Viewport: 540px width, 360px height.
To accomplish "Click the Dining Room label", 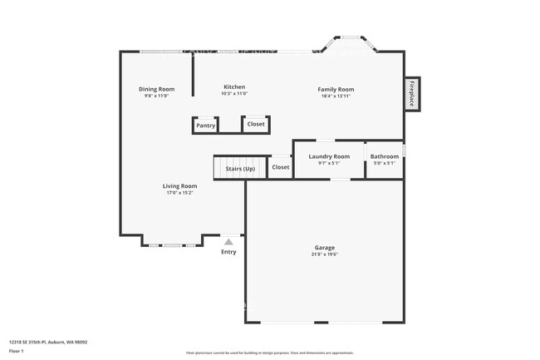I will [x=156, y=89].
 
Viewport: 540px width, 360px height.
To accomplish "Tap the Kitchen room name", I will [x=234, y=87].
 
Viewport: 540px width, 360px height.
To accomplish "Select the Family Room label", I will [x=336, y=89].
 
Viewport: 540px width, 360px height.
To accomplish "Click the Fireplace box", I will [x=411, y=94].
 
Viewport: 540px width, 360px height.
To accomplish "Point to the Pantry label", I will [x=205, y=126].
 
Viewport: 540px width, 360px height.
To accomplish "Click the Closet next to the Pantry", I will [x=256, y=124].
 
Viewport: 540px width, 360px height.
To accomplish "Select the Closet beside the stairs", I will [x=281, y=167].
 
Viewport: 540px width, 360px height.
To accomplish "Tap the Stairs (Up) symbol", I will [x=240, y=168].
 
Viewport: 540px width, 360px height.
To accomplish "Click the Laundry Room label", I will [x=329, y=156].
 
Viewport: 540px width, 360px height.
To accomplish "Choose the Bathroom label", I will [x=384, y=156].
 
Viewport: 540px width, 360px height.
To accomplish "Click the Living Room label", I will [x=179, y=186].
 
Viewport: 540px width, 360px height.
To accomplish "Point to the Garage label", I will [x=324, y=248].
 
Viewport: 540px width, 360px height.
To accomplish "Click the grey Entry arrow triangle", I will [x=228, y=242].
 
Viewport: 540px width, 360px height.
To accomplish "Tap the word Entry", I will [x=228, y=252].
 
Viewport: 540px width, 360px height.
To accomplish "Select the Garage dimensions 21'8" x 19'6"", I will [x=324, y=254].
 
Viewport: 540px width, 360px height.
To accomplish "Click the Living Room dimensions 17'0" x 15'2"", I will [x=179, y=193].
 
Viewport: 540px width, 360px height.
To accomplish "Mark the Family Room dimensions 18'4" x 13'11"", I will [x=336, y=96].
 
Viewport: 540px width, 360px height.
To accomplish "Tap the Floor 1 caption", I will [x=17, y=351].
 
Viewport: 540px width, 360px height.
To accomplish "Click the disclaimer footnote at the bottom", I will [x=269, y=353].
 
